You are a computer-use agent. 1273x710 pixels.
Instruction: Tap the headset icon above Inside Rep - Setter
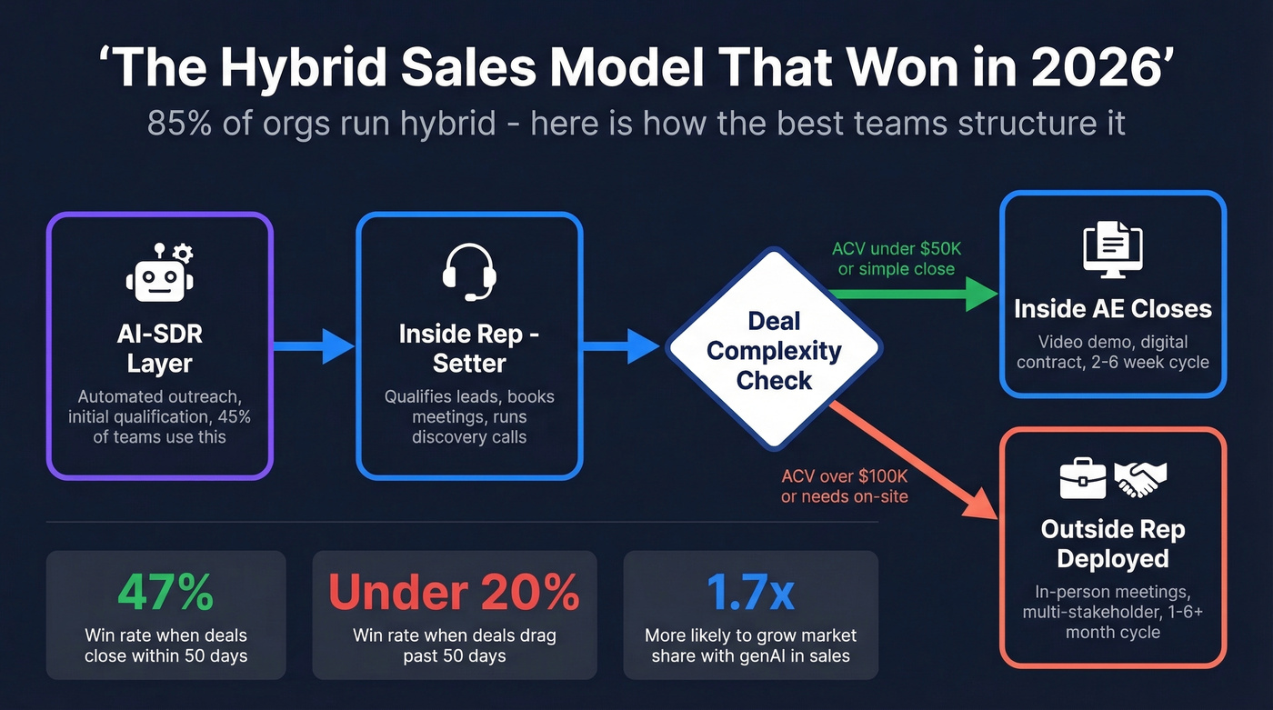point(469,270)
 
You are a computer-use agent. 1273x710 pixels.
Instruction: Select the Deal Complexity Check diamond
point(774,350)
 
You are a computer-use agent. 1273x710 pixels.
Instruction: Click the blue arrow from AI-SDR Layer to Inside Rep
point(315,345)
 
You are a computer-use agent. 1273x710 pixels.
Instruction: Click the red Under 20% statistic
point(454,592)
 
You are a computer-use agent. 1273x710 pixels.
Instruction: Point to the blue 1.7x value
point(750,592)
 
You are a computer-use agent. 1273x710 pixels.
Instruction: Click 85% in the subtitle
point(180,123)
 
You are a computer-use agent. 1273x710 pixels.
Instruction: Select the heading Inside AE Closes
point(1113,309)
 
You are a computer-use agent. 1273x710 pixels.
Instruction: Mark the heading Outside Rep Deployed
point(1113,544)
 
